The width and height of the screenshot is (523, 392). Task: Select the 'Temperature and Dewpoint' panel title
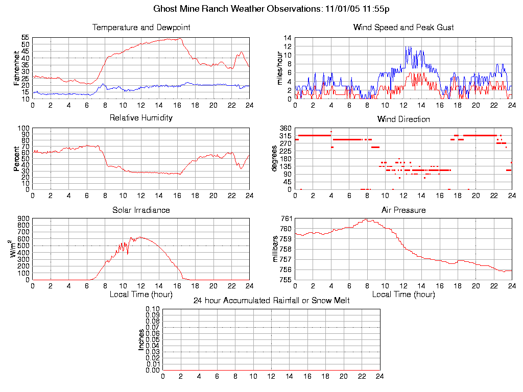click(141, 28)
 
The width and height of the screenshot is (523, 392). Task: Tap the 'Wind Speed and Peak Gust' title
click(403, 28)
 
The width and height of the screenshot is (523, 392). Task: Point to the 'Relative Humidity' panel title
click(141, 118)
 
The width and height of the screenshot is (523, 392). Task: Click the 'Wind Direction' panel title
click(403, 119)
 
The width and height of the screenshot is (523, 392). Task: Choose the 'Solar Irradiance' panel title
click(141, 210)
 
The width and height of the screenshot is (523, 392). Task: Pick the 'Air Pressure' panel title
click(403, 210)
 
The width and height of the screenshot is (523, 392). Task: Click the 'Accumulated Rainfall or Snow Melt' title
click(271, 301)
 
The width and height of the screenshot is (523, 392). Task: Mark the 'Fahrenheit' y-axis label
click(17, 68)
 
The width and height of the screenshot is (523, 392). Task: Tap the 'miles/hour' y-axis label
click(279, 68)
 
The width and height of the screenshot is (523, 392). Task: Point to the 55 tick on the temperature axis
click(25, 38)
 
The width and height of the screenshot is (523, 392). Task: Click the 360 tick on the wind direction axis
click(285, 128)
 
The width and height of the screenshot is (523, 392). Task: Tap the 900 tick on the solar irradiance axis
click(23, 218)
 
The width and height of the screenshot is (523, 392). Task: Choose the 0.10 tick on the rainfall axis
click(153, 309)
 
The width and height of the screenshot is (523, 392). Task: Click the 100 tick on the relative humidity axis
click(23, 128)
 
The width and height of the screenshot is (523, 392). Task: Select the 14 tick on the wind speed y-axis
click(288, 38)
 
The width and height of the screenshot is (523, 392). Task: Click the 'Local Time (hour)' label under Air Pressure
click(403, 295)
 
